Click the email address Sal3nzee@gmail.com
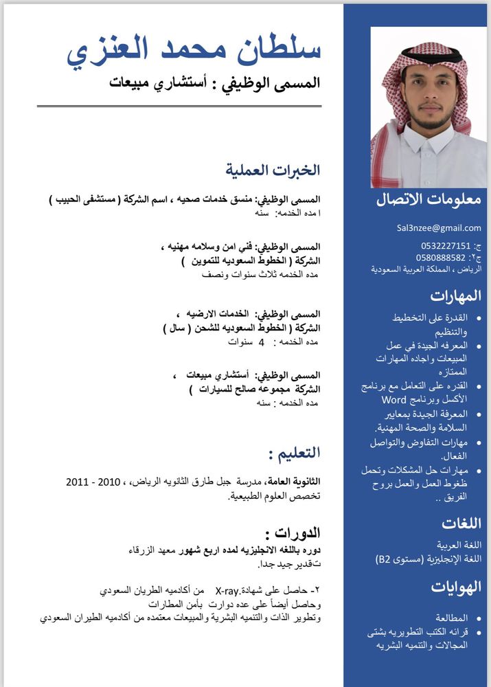(x=438, y=228)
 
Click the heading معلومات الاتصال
(x=429, y=200)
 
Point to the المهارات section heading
(x=456, y=296)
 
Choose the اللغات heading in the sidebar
(x=461, y=523)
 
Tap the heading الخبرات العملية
(x=273, y=170)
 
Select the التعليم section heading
(x=294, y=453)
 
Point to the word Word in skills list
(x=394, y=399)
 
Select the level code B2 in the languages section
(x=382, y=559)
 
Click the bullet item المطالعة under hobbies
(x=450, y=618)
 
